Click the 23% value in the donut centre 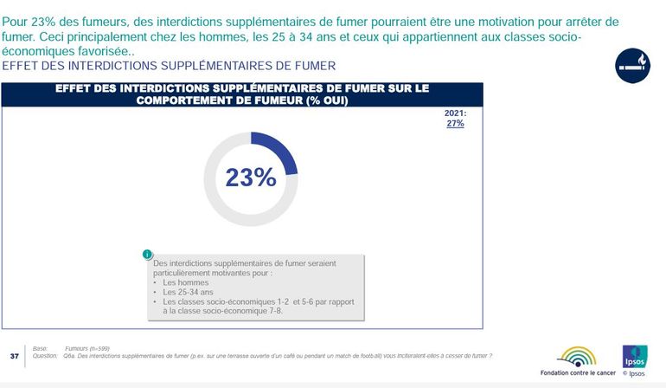coord(250,177)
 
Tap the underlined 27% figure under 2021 coord(455,123)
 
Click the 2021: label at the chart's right coord(455,113)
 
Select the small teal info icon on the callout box coord(148,255)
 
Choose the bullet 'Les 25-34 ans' coord(188,292)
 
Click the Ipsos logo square coord(633,355)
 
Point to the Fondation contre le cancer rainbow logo coord(577,356)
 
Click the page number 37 coord(14,356)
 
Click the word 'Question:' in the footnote coord(44,356)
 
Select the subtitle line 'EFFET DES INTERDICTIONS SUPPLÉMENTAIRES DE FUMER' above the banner coord(170,65)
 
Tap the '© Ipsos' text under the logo coord(633,374)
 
